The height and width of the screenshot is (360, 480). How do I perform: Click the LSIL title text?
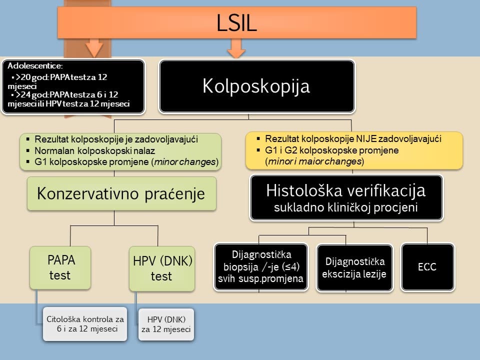pyautogui.click(x=237, y=22)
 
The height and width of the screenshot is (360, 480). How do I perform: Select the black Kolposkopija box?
pyautogui.click(x=256, y=86)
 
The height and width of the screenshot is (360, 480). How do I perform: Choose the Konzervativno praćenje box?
pyautogui.click(x=122, y=193)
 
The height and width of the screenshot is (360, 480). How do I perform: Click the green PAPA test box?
pyautogui.click(x=60, y=267)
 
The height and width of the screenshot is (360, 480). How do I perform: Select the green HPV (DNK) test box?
pyautogui.click(x=161, y=267)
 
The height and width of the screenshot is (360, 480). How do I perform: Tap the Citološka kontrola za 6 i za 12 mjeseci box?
pyautogui.click(x=84, y=323)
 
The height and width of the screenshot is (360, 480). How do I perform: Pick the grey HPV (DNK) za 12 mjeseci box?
pyautogui.click(x=165, y=323)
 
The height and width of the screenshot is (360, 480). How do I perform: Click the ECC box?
pyautogui.click(x=427, y=267)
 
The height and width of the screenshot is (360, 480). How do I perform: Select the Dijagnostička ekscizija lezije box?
pyautogui.click(x=355, y=267)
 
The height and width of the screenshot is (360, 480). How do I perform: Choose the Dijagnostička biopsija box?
pyautogui.click(x=261, y=267)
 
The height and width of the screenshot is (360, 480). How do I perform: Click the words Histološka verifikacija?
pyautogui.click(x=346, y=190)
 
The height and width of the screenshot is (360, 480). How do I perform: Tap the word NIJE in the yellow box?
pyautogui.click(x=373, y=139)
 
